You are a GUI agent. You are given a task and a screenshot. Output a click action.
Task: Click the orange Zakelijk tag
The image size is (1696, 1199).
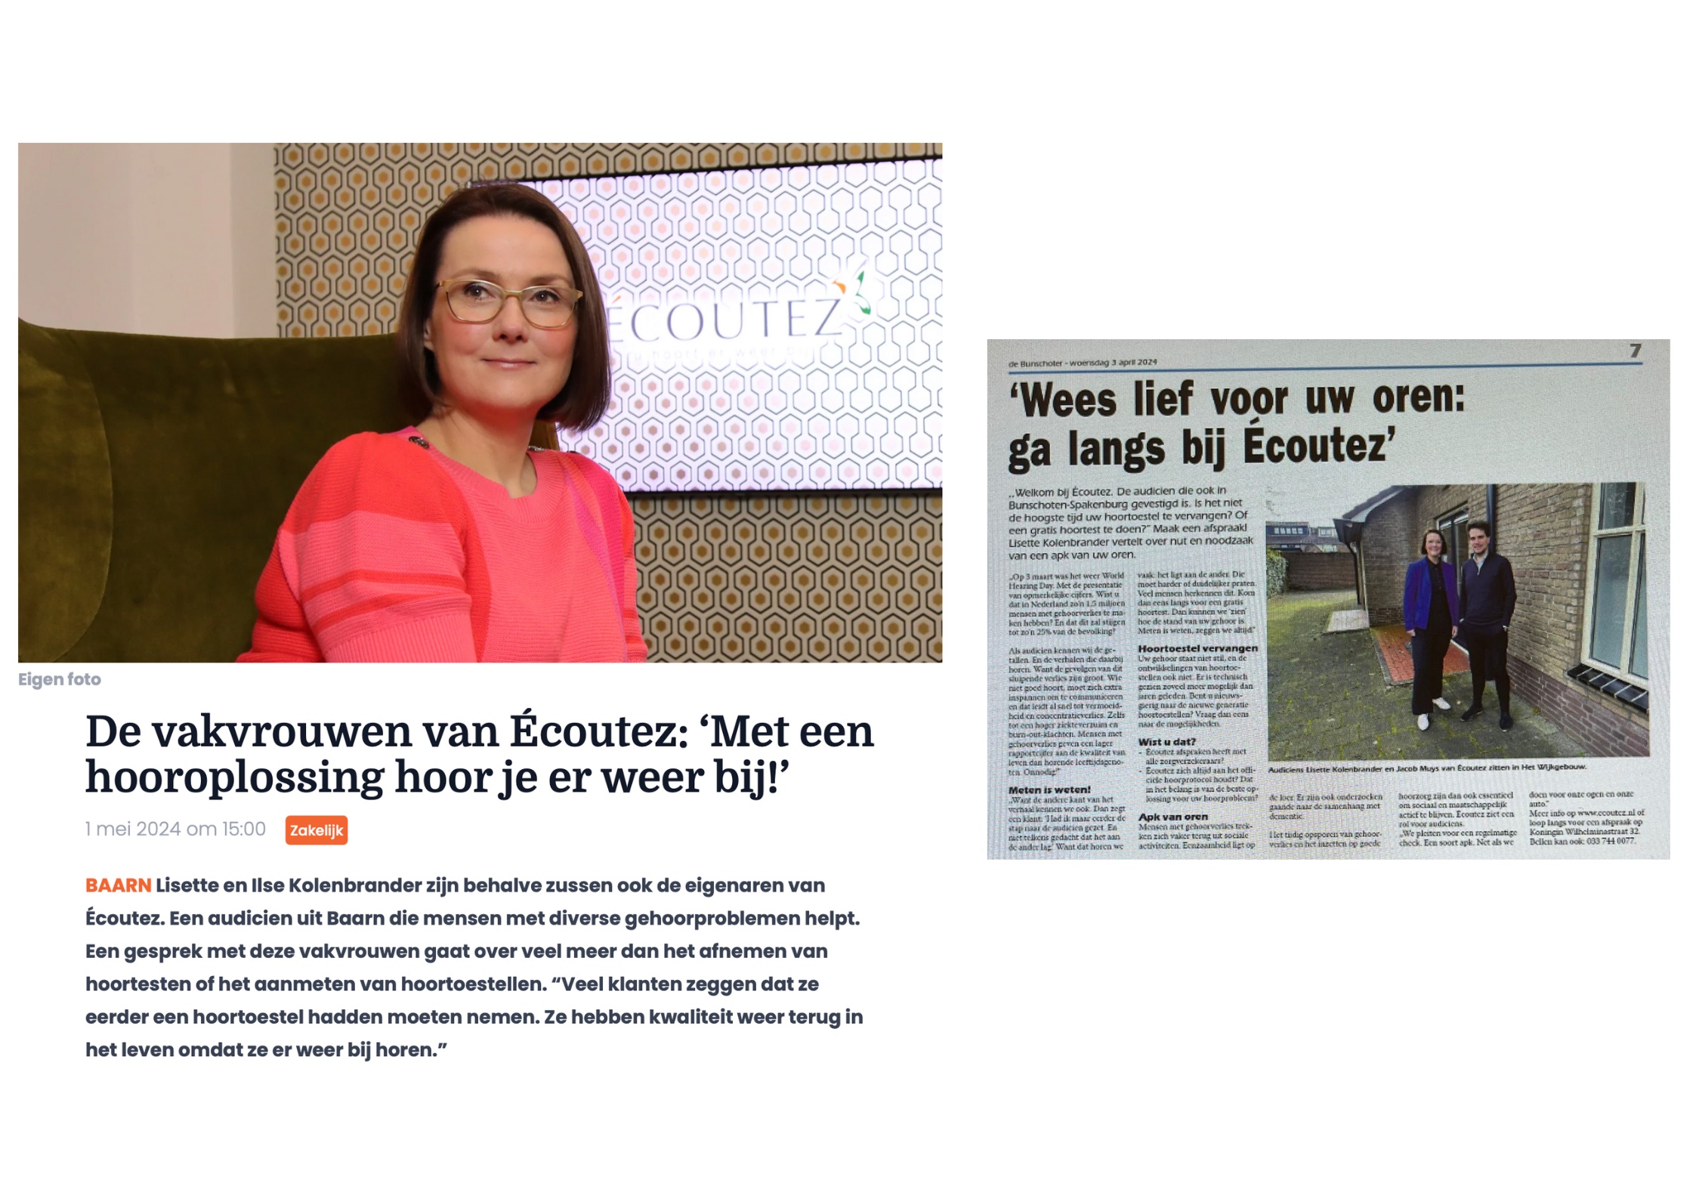click(316, 830)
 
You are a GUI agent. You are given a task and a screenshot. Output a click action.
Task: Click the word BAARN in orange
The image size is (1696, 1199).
click(118, 885)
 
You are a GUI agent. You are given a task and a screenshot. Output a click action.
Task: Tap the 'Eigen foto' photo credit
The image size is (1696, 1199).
click(60, 679)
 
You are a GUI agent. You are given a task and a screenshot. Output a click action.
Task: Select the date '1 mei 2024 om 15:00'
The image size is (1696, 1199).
click(175, 829)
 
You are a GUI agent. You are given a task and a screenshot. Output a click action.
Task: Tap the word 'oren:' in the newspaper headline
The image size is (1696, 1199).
click(1418, 397)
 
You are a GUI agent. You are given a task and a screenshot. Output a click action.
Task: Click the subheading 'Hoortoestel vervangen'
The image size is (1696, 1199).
click(1197, 648)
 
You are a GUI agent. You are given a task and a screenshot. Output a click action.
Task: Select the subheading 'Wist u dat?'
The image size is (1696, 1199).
click(1166, 742)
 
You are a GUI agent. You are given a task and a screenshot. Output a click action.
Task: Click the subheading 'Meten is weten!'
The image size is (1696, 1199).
click(1049, 790)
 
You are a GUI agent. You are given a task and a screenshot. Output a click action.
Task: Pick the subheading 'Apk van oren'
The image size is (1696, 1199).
click(1172, 817)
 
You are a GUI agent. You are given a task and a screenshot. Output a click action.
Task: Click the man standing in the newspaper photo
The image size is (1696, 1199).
click(1484, 620)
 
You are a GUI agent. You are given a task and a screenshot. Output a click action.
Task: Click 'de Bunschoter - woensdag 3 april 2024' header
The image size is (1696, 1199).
click(1083, 363)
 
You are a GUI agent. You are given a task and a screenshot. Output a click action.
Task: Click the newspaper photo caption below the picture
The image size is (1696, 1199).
click(1427, 768)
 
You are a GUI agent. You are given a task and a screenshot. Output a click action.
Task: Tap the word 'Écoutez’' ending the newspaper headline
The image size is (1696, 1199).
click(1319, 445)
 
